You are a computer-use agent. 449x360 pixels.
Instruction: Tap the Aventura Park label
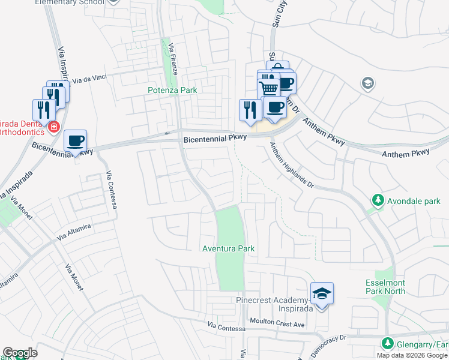(x=229, y=248)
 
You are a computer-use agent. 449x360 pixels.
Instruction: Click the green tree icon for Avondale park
(x=378, y=200)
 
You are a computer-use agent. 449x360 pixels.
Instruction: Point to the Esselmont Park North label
(x=385, y=287)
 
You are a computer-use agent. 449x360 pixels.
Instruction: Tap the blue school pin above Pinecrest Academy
(x=322, y=294)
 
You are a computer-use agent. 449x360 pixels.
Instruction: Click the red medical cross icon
(x=53, y=127)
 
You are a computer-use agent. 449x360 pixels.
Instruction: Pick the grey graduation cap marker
(x=368, y=83)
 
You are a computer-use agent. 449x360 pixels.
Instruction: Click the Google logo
(x=20, y=353)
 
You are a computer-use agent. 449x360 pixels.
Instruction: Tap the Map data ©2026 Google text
(x=412, y=355)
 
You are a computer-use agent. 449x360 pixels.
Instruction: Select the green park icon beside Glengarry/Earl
(x=388, y=344)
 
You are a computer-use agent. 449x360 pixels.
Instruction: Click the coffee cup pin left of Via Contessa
(x=76, y=142)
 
